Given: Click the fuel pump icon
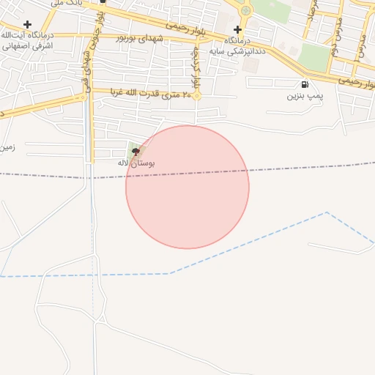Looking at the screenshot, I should [x=305, y=84].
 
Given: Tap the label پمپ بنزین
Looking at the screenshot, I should [x=305, y=96].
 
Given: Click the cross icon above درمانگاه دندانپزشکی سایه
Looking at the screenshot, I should [x=237, y=29].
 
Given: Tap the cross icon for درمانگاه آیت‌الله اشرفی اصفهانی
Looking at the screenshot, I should [x=27, y=24].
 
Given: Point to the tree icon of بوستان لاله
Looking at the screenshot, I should [x=134, y=151].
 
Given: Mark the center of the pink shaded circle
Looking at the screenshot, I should [x=187, y=187].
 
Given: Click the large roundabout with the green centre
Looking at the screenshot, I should [x=245, y=10].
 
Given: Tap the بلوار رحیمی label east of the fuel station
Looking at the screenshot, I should [x=355, y=81].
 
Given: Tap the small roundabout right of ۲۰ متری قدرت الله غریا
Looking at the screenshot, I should [x=197, y=95].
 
